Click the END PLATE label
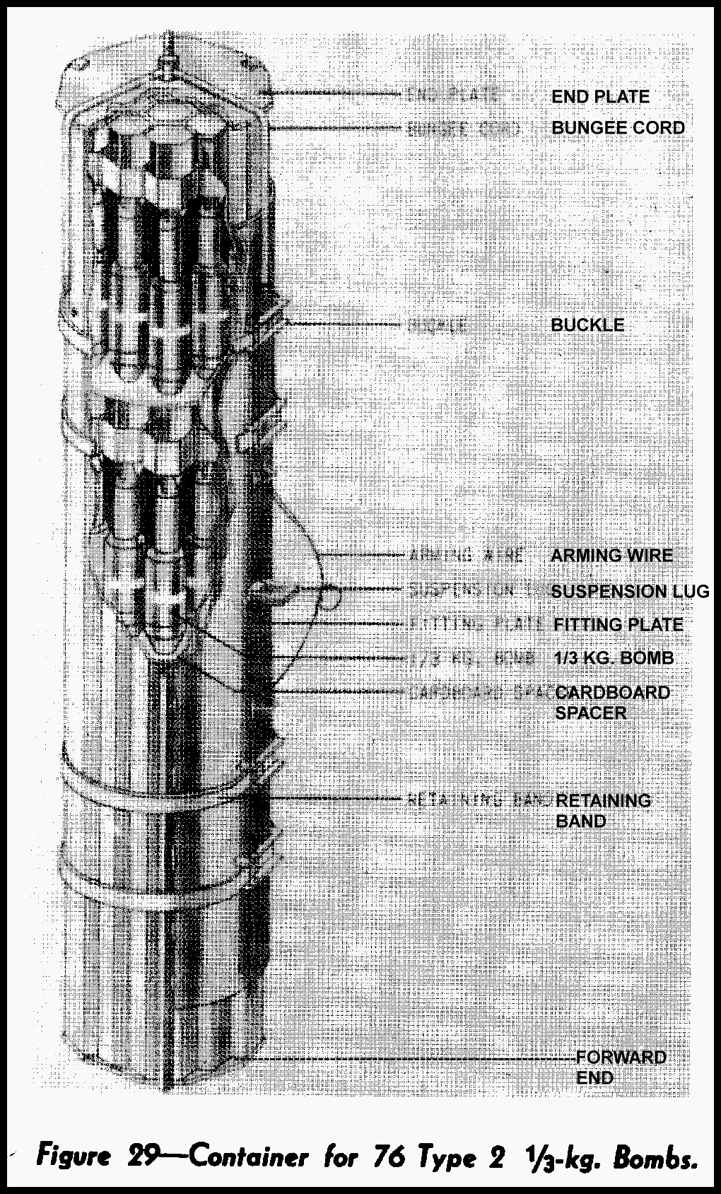point(600,97)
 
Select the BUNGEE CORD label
point(618,128)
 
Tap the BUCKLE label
point(587,325)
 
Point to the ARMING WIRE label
point(611,556)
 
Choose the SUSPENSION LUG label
point(629,592)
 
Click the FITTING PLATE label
point(618,625)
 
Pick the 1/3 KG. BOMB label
point(614,658)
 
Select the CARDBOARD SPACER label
point(611,702)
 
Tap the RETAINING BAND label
point(602,811)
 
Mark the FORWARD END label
point(621,1067)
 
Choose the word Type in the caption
point(445,1159)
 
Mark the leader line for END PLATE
point(339,93)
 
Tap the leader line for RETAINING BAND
point(339,798)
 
